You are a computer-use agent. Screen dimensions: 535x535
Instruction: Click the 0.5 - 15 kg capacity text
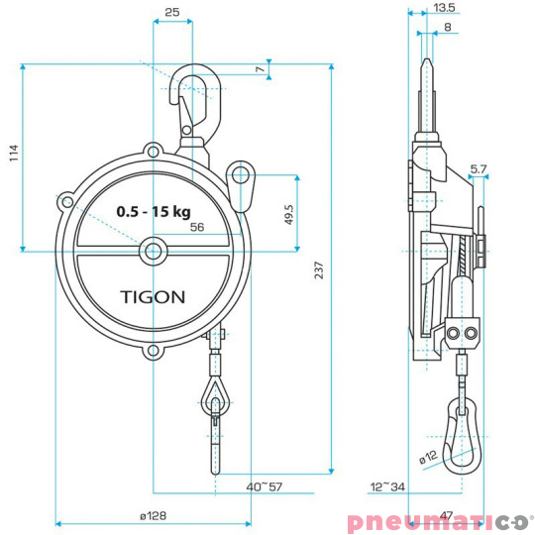[x=153, y=212]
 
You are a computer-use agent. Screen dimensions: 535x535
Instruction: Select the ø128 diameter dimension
[x=155, y=515]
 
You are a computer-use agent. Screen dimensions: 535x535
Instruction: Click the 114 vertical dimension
[x=13, y=154]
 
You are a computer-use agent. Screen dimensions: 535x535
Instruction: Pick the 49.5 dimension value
[x=288, y=214]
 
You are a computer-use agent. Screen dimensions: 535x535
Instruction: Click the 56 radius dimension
[x=195, y=228]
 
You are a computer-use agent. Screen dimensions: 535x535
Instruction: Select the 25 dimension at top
[x=172, y=13]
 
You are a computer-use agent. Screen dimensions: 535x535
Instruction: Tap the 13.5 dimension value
[x=445, y=7]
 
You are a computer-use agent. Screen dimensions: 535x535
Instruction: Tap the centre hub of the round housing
[x=153, y=251]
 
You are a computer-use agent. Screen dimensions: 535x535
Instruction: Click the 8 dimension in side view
[x=448, y=28]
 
